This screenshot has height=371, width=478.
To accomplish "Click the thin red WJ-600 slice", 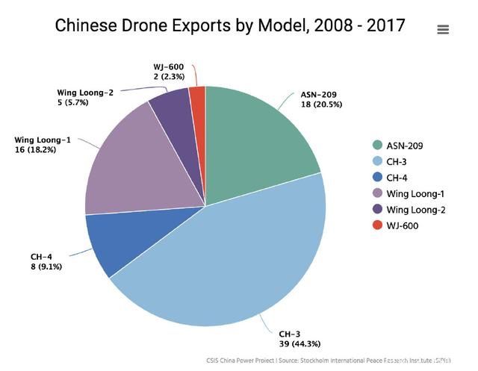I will point(198,101).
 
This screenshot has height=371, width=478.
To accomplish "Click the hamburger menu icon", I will point(443,30).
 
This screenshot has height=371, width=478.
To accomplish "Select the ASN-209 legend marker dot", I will point(377,145).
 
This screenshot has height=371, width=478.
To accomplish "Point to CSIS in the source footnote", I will point(214,361).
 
